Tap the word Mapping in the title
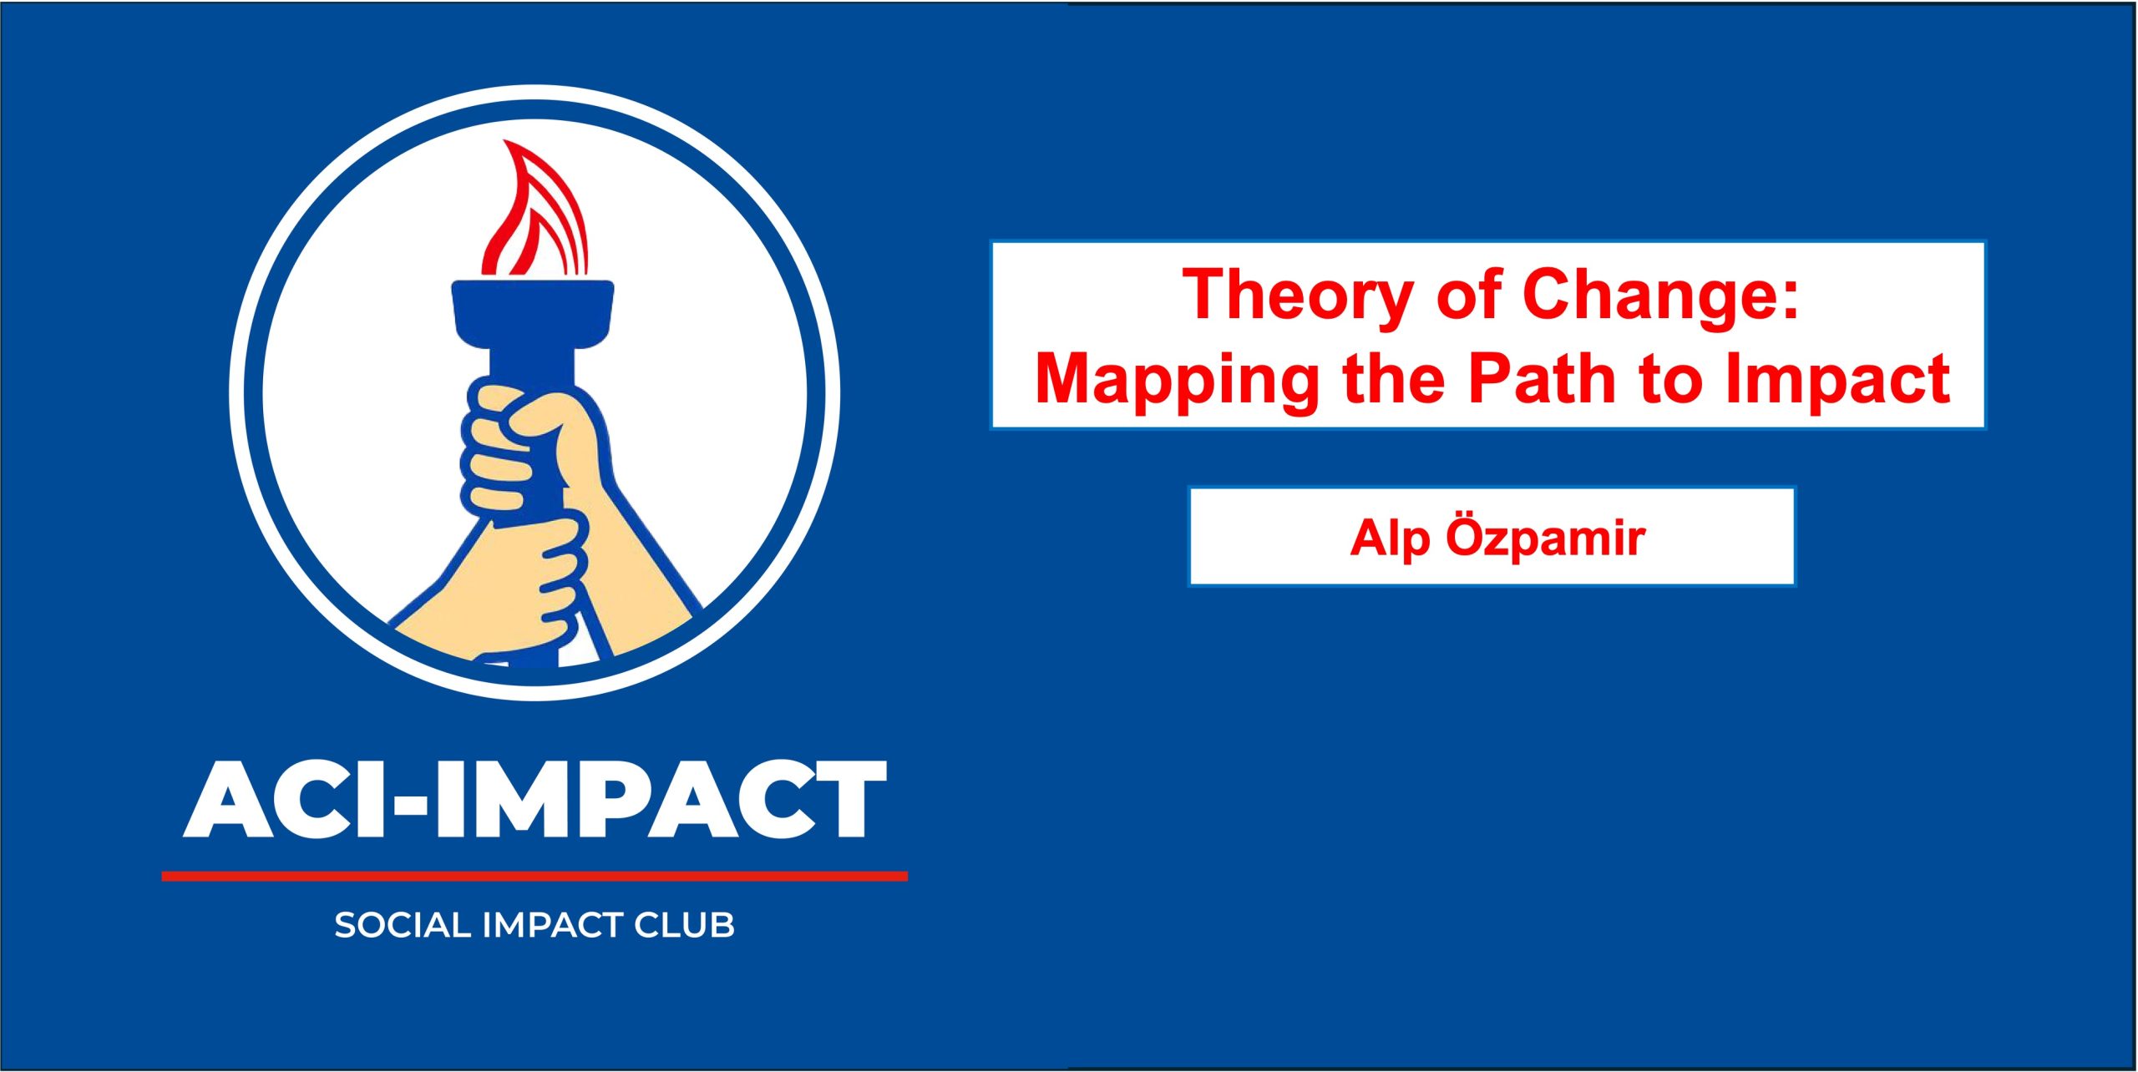click(1177, 382)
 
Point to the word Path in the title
click(1542, 378)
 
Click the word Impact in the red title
click(1837, 382)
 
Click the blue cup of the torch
click(533, 317)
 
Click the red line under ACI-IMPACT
click(534, 876)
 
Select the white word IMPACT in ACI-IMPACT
click(661, 799)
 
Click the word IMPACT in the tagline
click(553, 925)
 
